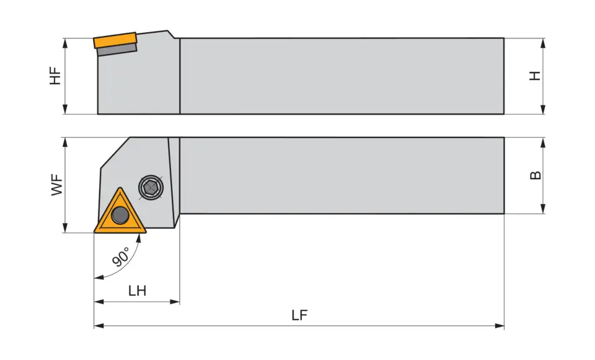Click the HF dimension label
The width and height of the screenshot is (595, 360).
pyautogui.click(x=56, y=76)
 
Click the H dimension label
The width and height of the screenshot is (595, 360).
pyautogui.click(x=535, y=76)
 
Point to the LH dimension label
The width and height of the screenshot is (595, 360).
pyautogui.click(x=137, y=291)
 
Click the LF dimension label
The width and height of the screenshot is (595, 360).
pyautogui.click(x=299, y=315)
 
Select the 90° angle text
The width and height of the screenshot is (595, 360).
pyautogui.click(x=121, y=257)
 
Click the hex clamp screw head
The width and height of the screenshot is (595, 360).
pyautogui.click(x=151, y=187)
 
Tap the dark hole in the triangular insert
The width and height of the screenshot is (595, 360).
pyautogui.click(x=120, y=216)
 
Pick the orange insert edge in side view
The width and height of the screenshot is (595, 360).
pyautogui.click(x=115, y=41)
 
